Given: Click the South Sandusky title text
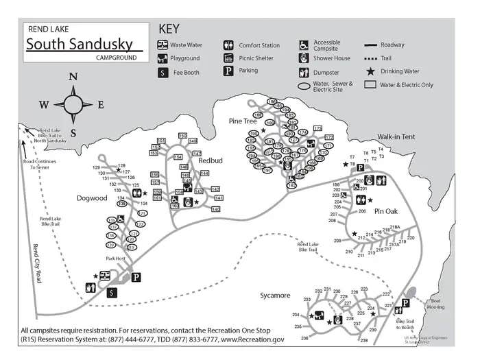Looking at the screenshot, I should [80, 44].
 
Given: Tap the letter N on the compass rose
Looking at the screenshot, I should [73, 77].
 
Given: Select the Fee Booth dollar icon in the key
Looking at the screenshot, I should [163, 72].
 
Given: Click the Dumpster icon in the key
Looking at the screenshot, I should [304, 71].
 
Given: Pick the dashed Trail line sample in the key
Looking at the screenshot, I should [370, 58].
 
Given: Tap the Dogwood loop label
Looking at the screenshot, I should [92, 198].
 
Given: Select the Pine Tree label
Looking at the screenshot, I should [243, 121].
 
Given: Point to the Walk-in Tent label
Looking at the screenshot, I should [396, 137].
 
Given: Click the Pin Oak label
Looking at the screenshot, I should [386, 211].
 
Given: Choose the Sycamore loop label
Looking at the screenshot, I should [275, 296].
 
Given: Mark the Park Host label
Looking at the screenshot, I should [115, 259].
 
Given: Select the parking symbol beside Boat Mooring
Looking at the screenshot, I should [405, 303].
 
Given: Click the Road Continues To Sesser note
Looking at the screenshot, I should [36, 164].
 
